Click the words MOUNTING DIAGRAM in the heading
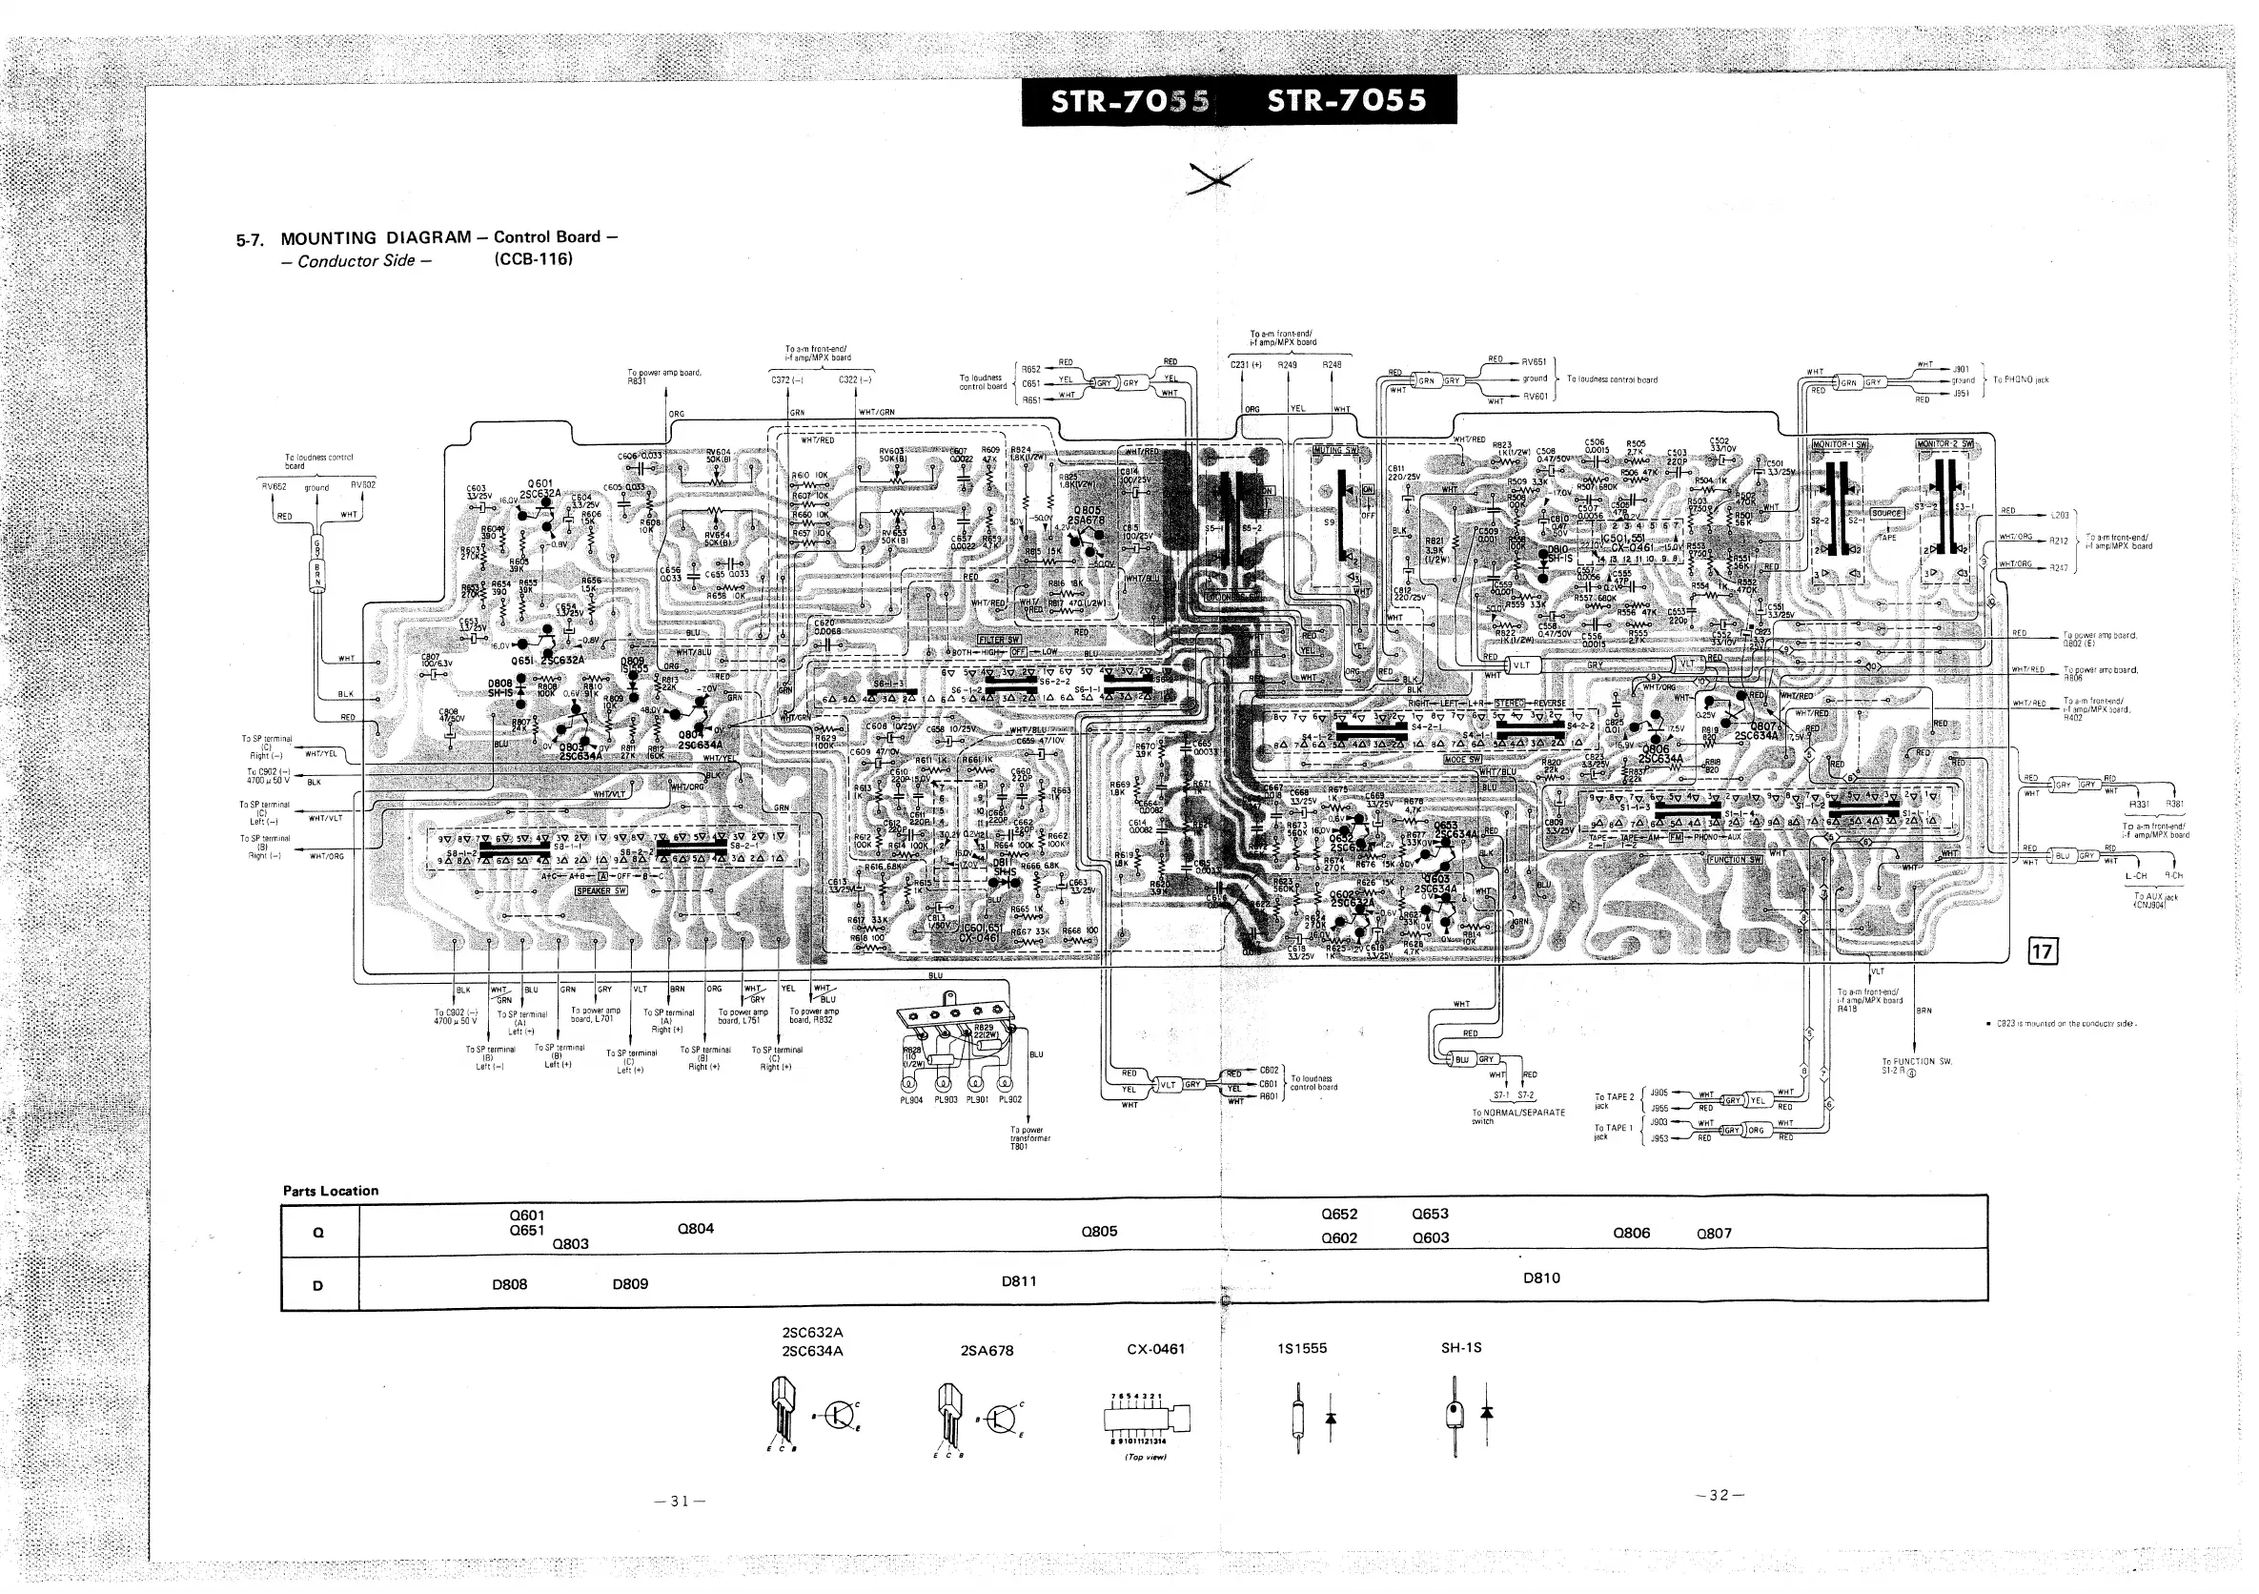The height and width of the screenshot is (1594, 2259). tap(376, 238)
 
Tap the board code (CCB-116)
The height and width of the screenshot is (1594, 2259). tap(533, 259)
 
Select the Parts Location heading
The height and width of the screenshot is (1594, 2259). tap(331, 1191)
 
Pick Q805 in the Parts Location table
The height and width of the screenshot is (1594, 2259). tap(1099, 1231)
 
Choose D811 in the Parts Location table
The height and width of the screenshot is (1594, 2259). tap(1018, 1281)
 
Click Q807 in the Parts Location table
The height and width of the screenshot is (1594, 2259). tap(1714, 1233)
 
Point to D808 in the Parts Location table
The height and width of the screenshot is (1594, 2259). tap(510, 1284)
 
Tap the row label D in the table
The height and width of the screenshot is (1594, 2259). tap(317, 1284)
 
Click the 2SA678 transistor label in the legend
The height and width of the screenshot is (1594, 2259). tap(987, 1351)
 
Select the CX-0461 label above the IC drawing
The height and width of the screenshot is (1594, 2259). tap(1156, 1349)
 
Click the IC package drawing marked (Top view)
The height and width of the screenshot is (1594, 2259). tap(1148, 1419)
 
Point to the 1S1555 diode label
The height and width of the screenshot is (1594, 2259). tap(1302, 1348)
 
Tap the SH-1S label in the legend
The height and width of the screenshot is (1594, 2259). tap(1461, 1347)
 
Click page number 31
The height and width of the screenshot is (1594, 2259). tap(680, 1502)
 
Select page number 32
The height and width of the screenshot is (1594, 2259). tap(1719, 1496)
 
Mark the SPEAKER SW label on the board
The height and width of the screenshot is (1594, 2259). tap(601, 890)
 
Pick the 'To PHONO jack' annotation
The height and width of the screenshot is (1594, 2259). tap(2021, 379)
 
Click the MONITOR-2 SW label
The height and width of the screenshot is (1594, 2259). tap(1944, 443)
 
